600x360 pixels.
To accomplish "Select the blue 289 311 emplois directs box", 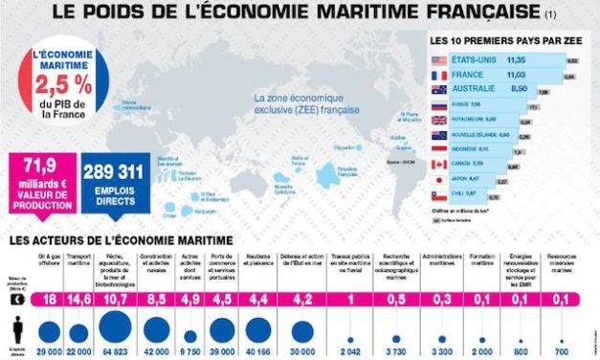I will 115,181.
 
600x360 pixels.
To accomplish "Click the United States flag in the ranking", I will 439,59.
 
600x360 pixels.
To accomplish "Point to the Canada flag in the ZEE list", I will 439,164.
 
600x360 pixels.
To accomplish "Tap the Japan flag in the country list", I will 439,178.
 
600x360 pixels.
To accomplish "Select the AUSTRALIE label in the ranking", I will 478,88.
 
